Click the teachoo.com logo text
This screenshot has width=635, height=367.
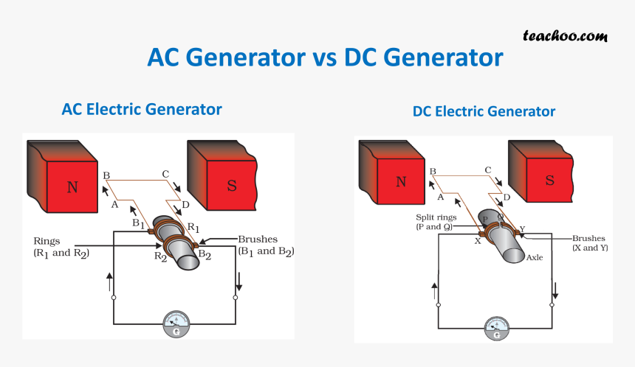click(x=565, y=35)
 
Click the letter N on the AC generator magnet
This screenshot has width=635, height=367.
click(x=72, y=187)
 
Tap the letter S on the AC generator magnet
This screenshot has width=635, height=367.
click(x=232, y=186)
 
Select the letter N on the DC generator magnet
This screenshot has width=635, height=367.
click(x=401, y=181)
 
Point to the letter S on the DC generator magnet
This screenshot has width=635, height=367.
click(x=549, y=181)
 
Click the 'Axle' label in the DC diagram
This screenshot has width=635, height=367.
click(x=535, y=258)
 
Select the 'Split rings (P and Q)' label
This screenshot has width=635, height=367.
click(x=436, y=223)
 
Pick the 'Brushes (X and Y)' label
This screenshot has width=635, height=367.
click(x=588, y=243)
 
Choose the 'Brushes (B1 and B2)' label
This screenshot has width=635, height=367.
click(x=264, y=245)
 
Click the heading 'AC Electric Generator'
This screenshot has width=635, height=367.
click(x=142, y=109)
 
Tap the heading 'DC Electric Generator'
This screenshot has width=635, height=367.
click(x=484, y=112)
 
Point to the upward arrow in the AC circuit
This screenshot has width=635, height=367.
click(x=111, y=280)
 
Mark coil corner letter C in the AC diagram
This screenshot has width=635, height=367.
click(x=166, y=175)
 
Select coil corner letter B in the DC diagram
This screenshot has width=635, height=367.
click(x=433, y=172)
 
